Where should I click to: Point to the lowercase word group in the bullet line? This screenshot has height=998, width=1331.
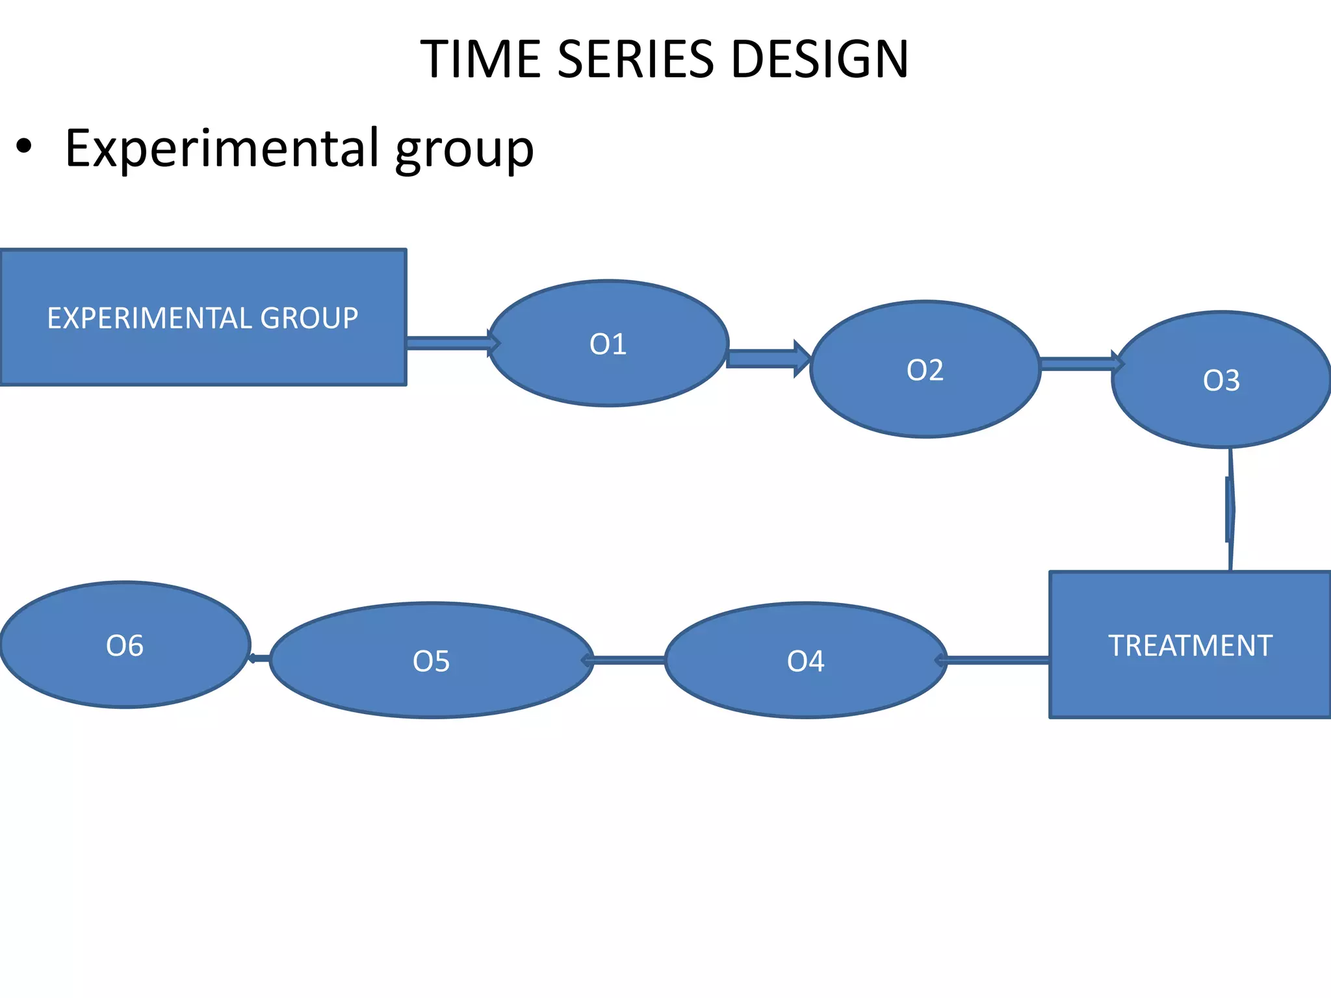tap(464, 151)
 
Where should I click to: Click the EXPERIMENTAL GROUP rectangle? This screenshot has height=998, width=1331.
tap(203, 318)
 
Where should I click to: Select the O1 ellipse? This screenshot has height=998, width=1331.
tap(608, 344)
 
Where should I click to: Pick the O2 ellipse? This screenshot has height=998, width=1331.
tap(925, 370)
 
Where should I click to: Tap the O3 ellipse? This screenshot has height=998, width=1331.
tap(1221, 380)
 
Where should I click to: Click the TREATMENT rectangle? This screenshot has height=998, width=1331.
tap(1189, 645)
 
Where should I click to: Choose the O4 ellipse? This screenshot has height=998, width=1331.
tap(805, 661)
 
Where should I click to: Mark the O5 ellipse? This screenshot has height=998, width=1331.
tap(432, 661)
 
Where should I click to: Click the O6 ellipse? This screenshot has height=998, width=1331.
tap(125, 645)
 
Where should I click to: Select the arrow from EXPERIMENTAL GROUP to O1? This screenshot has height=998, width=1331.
tap(448, 343)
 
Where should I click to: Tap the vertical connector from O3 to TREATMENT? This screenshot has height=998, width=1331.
tap(1230, 510)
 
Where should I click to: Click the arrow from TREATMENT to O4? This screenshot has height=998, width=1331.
tap(998, 661)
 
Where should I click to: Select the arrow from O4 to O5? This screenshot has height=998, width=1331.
tap(628, 661)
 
